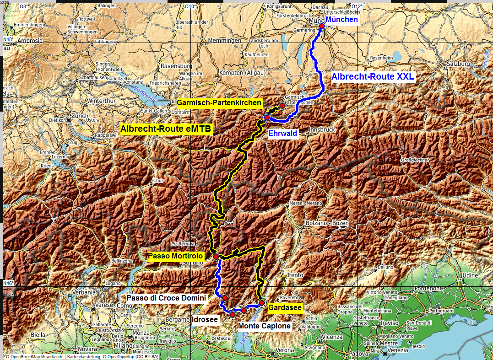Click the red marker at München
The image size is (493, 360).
point(322,26)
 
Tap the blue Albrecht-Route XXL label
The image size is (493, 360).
point(373,77)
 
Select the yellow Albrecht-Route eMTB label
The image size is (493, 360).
point(166,129)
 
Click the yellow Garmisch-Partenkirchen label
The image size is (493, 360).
point(219,102)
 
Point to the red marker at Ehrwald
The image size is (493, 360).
point(267,118)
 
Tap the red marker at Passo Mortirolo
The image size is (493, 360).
point(216,257)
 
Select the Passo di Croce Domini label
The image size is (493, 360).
point(166,298)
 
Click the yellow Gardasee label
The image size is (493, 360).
point(285,308)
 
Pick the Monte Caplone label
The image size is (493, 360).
point(265,326)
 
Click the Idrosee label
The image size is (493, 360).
point(205,319)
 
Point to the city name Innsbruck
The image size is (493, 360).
point(322,130)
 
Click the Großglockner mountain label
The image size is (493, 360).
point(415,160)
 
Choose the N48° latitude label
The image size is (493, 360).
point(8,39)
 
